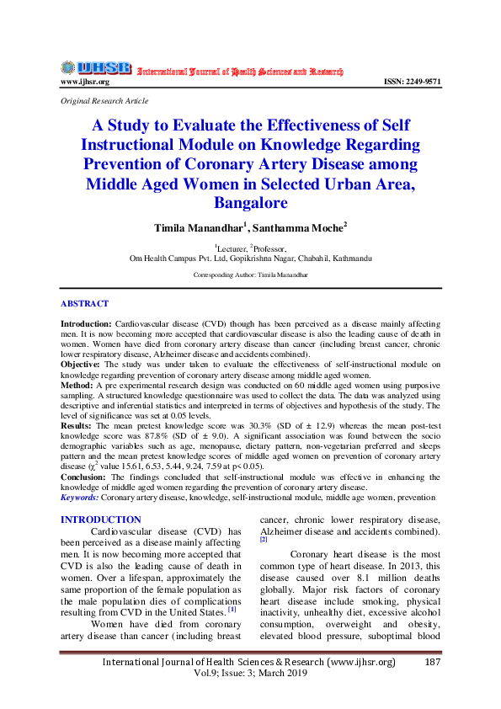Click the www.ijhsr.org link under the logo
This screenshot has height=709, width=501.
[x=84, y=82]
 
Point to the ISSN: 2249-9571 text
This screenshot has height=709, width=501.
[x=412, y=82]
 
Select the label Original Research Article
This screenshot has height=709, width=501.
[x=104, y=100]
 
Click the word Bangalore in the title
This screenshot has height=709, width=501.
[x=250, y=203]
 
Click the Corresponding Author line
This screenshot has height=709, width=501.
[x=250, y=275]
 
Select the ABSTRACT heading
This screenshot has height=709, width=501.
[x=84, y=303]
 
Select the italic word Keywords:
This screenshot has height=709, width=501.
[x=80, y=498]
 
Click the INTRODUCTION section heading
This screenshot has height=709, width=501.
[x=101, y=520]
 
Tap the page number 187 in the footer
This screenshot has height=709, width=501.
[x=433, y=664]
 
